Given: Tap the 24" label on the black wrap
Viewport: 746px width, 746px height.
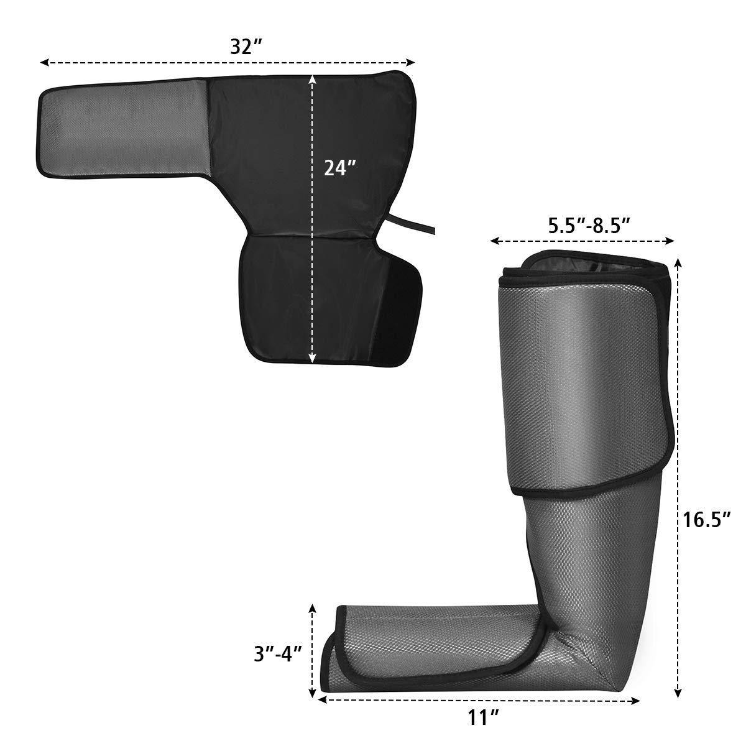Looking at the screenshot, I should tap(340, 168).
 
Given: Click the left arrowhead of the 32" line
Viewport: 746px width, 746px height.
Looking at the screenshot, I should tap(43, 62).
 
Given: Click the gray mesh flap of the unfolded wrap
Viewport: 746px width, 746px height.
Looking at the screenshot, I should tap(124, 124).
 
